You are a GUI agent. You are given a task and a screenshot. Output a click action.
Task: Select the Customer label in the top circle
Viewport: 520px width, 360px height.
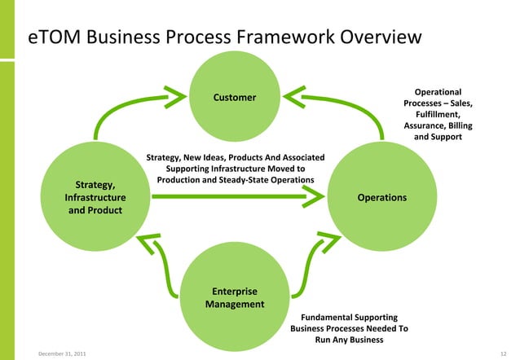(235, 99)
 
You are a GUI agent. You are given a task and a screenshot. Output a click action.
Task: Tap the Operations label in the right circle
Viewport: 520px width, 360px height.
(382, 198)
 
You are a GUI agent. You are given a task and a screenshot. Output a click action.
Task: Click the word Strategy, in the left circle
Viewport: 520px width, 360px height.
(95, 184)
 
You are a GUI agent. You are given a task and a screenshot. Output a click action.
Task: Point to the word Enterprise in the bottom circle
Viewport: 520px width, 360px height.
(235, 291)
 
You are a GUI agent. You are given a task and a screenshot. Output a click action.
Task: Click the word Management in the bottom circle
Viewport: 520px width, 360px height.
(235, 305)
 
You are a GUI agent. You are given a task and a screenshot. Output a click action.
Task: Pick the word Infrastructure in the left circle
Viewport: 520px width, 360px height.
(95, 198)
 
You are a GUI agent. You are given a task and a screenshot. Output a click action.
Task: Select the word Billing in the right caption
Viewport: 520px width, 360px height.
(456, 126)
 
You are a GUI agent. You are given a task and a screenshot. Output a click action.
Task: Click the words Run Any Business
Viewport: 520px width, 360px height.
(349, 340)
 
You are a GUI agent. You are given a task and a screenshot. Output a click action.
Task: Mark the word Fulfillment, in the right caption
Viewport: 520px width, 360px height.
(438, 115)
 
